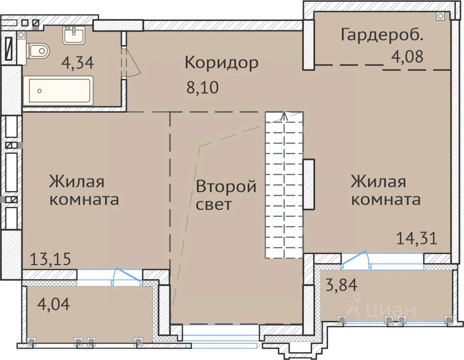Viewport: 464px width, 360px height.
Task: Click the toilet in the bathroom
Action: [x=38, y=51]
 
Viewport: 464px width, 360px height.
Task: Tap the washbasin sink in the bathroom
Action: [x=74, y=35]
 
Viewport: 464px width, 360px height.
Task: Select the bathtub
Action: [x=58, y=91]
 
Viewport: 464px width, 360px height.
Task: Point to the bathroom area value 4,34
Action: [x=78, y=63]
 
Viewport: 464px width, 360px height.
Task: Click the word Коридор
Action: [x=221, y=63]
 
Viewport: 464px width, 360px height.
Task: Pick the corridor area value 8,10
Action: [x=202, y=88]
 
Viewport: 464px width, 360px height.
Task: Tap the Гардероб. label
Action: [x=382, y=35]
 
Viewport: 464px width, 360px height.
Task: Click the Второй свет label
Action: [x=226, y=195]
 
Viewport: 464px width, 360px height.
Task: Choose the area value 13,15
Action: [x=50, y=259]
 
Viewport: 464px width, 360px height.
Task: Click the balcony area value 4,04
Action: [x=53, y=304]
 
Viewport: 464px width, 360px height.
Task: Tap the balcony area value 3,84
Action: [x=341, y=285]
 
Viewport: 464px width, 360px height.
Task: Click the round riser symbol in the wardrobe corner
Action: [x=440, y=16]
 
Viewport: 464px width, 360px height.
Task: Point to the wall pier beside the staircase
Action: [x=309, y=184]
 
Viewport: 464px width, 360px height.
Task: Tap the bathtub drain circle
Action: [x=40, y=91]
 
